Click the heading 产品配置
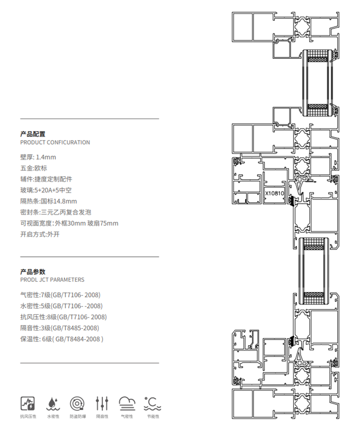[33, 134]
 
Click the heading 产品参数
[33, 271]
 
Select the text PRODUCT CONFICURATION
[55, 143]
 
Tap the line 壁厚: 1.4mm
[38, 157]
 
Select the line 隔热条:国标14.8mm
[49, 201]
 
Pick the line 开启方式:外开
[40, 234]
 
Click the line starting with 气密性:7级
[60, 295]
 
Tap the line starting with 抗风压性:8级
[63, 317]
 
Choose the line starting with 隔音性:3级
[59, 328]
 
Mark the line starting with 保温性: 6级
[62, 339]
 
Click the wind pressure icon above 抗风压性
[27, 403]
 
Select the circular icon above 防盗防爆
[77, 403]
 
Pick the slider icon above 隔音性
[102, 403]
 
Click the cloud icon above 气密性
[127, 403]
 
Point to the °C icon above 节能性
[152, 403]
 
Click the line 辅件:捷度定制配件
[46, 179]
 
